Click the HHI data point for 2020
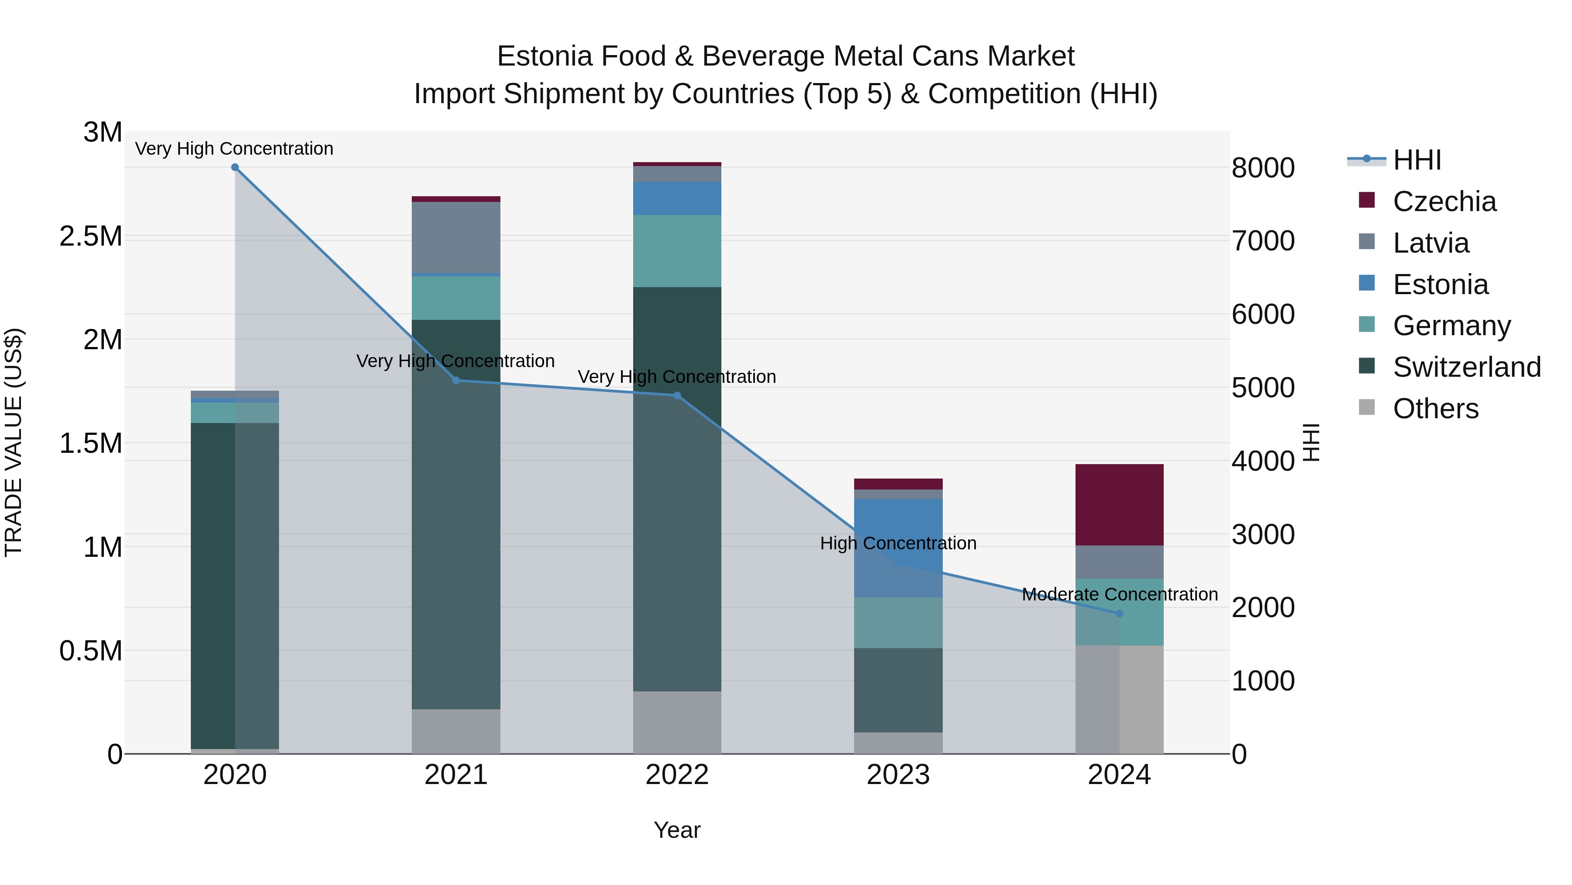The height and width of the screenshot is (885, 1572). click(235, 167)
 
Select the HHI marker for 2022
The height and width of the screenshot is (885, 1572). click(677, 396)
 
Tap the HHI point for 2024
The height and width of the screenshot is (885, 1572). click(1119, 613)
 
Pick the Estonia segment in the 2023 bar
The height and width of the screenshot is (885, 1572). click(898, 548)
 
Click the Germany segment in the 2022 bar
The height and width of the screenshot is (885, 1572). click(677, 250)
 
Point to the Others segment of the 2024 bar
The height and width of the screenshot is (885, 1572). click(1119, 699)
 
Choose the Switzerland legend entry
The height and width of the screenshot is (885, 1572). click(1466, 367)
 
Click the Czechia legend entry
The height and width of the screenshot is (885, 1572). click(1444, 201)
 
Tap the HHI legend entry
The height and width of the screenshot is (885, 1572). click(1417, 160)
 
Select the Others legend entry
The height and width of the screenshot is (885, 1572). click(1435, 409)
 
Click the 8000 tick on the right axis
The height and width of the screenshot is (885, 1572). click(1262, 168)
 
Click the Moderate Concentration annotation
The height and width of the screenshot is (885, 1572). click(1119, 594)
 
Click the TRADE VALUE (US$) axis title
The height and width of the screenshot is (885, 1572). click(14, 442)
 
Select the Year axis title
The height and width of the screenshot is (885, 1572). click(677, 830)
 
